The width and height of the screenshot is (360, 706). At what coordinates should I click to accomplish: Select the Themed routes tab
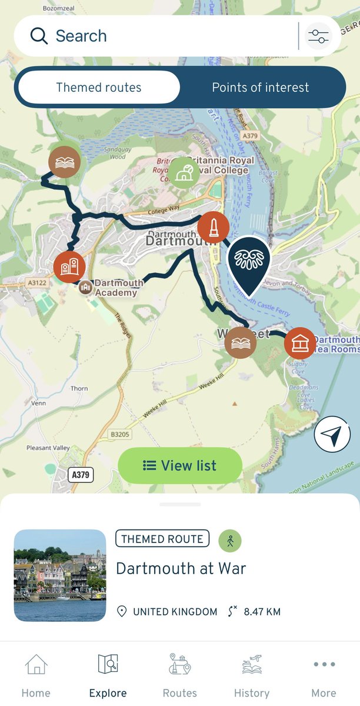point(99,88)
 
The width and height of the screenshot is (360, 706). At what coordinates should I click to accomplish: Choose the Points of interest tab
point(260,88)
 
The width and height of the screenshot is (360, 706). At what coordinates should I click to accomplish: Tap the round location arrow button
point(332,435)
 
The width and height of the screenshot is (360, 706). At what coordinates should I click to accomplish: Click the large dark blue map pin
point(248,261)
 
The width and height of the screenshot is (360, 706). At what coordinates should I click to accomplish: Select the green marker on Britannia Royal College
point(184,172)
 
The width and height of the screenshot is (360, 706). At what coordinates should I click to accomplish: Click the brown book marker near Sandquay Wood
point(64,162)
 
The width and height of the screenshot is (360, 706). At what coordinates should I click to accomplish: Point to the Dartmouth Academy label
point(119,288)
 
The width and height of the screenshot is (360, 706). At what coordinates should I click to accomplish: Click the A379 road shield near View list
point(81,474)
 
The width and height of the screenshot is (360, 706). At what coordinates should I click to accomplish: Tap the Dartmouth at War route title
point(181,568)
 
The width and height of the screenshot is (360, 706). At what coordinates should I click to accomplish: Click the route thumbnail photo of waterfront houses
point(60,575)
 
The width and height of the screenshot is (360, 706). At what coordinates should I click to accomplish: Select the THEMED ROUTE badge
point(162,538)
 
